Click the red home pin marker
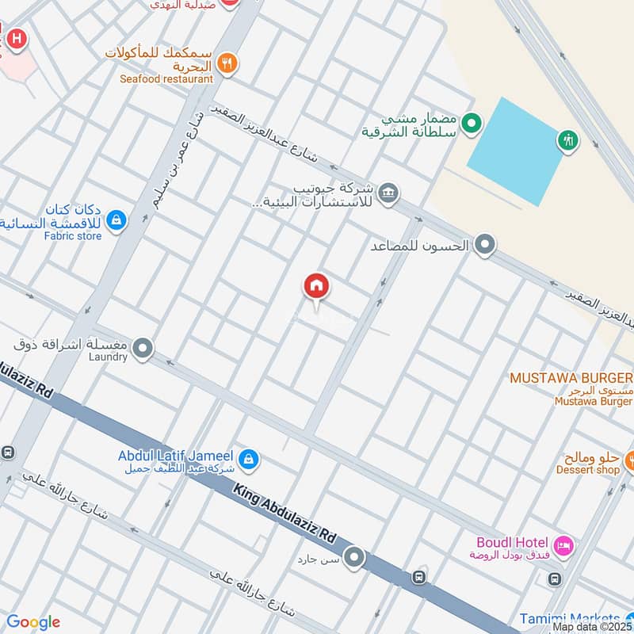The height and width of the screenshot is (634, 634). (x=316, y=286)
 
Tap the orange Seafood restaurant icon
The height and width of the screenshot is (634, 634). (x=227, y=64)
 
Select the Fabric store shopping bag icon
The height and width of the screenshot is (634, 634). (x=116, y=220)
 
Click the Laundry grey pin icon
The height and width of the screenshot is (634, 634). (x=143, y=347)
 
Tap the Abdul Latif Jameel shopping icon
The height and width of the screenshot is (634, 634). (x=249, y=458)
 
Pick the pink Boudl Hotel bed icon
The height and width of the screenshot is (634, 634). (x=563, y=545)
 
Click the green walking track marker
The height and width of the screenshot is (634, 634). (x=472, y=123)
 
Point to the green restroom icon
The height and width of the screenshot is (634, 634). (x=568, y=140)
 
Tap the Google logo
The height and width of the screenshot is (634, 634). (x=32, y=622)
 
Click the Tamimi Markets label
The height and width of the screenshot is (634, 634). (x=570, y=618)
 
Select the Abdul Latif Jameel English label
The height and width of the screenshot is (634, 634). (x=175, y=456)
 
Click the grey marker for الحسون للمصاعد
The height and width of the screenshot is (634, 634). (x=485, y=246)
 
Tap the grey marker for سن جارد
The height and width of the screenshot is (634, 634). (x=354, y=559)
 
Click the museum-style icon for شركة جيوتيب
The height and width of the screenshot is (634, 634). (x=388, y=193)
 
